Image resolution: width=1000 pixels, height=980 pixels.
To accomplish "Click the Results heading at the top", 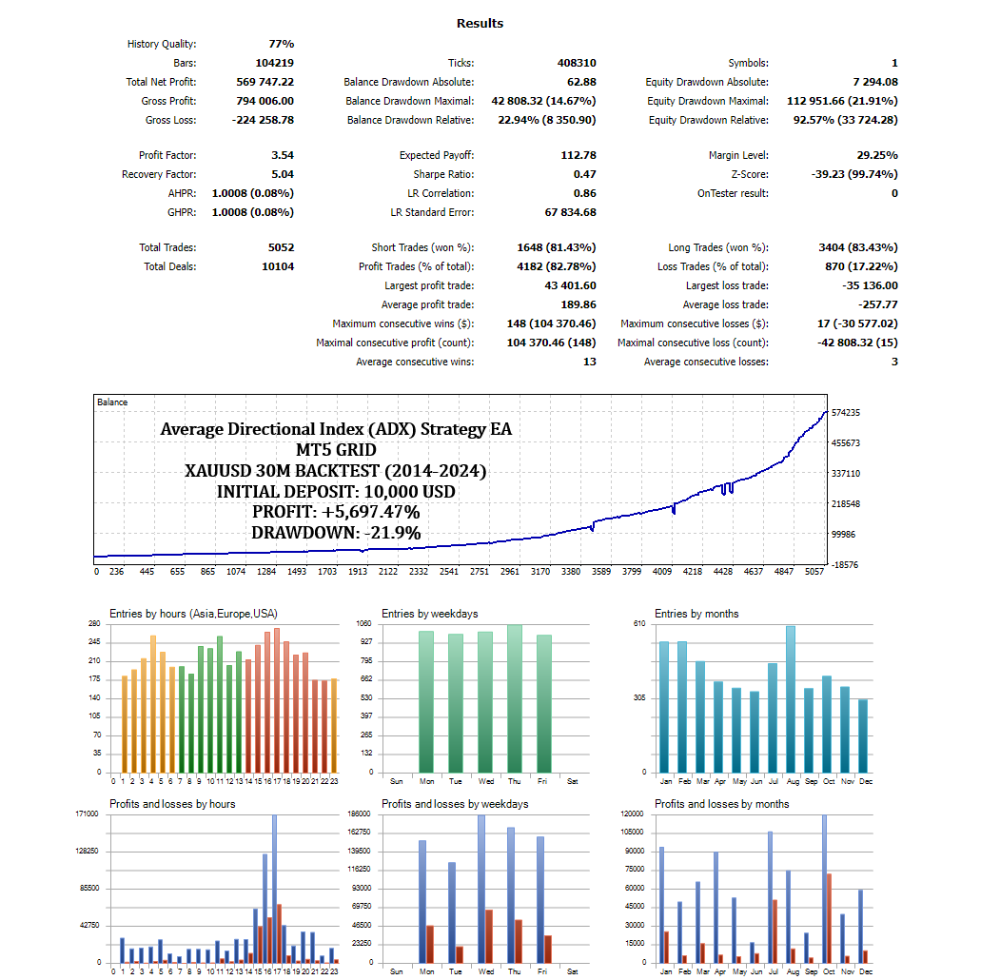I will coord(480,23).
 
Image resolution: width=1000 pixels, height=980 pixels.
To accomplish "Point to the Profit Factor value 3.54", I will coord(282,155).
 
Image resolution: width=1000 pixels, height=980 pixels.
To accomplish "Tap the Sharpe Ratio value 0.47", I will coord(584,174).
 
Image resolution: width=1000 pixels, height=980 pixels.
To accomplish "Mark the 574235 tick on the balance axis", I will coord(845,413).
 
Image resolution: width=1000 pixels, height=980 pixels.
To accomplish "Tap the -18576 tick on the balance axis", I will coord(845,565).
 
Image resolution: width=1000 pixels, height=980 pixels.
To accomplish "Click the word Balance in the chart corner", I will coord(112,402).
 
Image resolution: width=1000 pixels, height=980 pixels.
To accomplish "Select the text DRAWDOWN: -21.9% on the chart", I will coord(336,533).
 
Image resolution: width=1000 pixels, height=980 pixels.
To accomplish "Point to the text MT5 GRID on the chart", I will coord(336,450).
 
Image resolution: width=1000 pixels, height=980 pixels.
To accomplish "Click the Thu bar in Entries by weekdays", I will coord(514,699).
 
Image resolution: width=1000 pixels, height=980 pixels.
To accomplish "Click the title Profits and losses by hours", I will coord(172,804).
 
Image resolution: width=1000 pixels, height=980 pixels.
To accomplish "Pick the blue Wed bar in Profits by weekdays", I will coord(481,889).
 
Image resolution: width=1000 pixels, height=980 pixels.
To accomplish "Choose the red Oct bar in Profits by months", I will coord(829,918).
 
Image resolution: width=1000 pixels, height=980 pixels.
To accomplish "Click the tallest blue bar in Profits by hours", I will coord(274,889).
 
